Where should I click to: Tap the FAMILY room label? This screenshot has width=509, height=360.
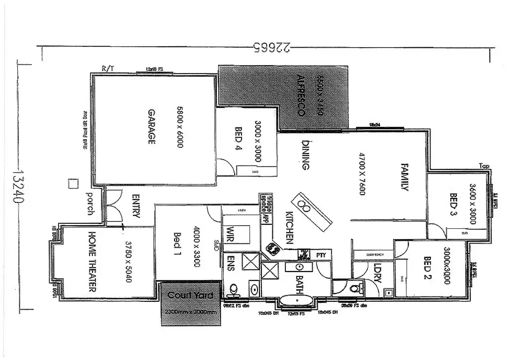pyautogui.click(x=405, y=177)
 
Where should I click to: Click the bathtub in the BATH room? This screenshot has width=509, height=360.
pyautogui.click(x=297, y=300)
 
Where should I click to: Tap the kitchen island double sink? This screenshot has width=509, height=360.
pyautogui.click(x=305, y=205)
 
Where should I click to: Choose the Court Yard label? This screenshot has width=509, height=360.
pyautogui.click(x=190, y=295)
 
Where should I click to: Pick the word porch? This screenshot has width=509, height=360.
pyautogui.click(x=90, y=203)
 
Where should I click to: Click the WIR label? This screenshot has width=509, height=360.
pyautogui.click(x=231, y=234)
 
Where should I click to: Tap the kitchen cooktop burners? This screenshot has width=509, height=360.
pyautogui.click(x=272, y=247)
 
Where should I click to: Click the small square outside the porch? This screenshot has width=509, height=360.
pyautogui.click(x=73, y=183)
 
